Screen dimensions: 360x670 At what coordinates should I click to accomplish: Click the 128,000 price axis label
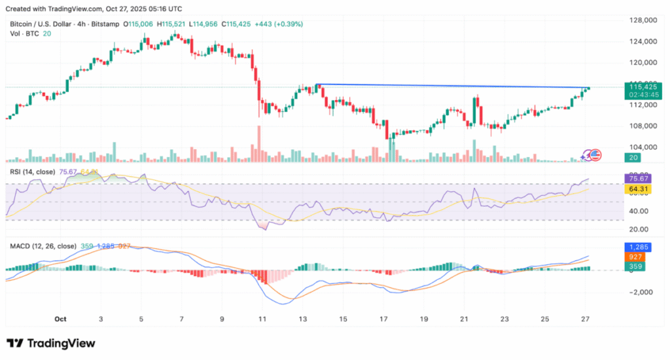click(x=642, y=20)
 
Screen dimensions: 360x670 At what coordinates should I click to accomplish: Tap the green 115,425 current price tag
click(x=642, y=86)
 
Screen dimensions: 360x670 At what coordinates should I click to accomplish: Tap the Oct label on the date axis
click(x=61, y=319)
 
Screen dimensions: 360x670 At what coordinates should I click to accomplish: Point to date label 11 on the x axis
click(x=262, y=319)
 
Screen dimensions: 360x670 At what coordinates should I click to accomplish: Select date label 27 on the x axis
click(x=585, y=319)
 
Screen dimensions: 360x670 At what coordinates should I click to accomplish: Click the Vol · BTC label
click(x=24, y=33)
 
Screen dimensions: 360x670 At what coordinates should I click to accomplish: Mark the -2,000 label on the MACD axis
click(x=642, y=292)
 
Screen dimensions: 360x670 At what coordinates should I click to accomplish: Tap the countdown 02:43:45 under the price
click(x=643, y=94)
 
